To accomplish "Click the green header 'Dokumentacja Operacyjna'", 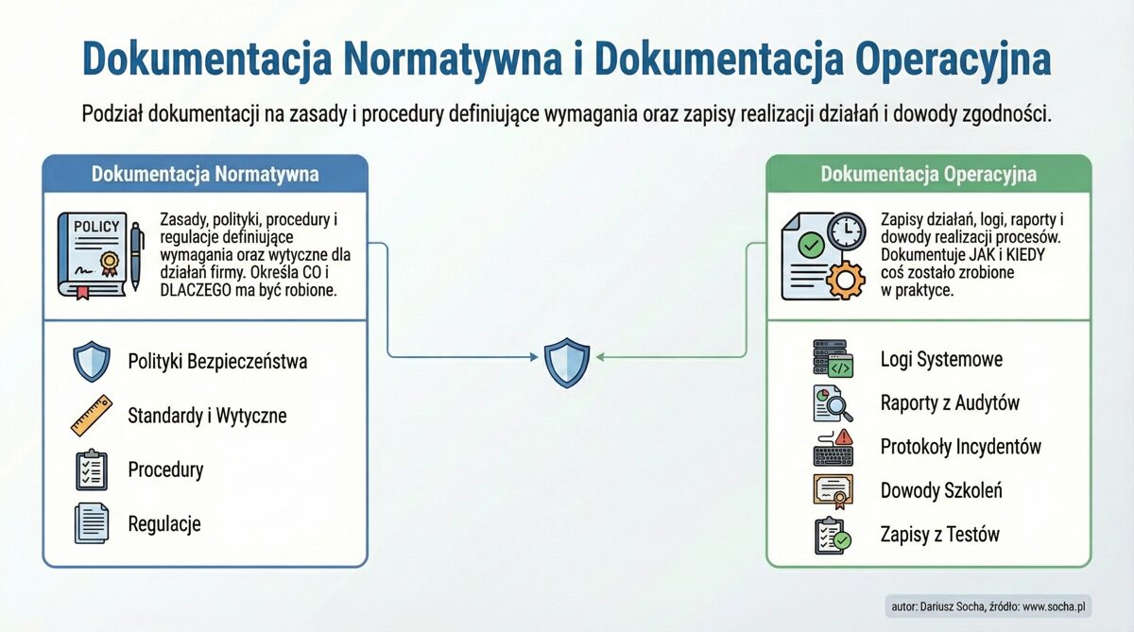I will pos(928,175).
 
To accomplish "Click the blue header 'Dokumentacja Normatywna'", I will pos(205,175).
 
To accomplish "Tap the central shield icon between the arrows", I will pos(566,363).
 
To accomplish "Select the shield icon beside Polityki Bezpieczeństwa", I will pos(92,362).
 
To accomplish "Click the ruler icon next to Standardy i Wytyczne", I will pos(92,416).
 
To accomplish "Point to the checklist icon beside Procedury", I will pos(92,470).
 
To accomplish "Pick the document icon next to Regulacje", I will pos(92,523).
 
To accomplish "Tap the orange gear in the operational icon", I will pos(844,279).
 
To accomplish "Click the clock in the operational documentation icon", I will pos(846,231).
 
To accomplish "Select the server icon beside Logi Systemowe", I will pos(833,359).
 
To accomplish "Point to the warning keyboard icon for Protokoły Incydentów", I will pos(833,447).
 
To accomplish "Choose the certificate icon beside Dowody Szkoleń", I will pos(833,490).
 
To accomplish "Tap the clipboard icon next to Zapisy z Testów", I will pos(833,535).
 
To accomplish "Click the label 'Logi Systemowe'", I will pos(941,360).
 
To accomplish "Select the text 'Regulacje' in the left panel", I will pos(164,524).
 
